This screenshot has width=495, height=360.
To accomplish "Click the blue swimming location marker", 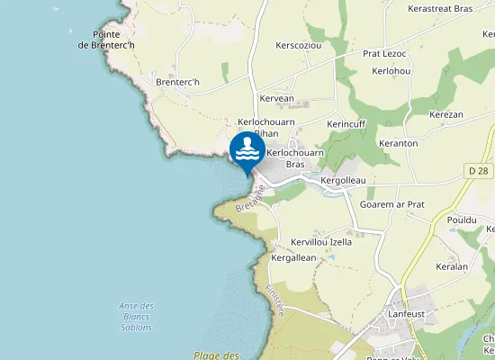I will [247, 150].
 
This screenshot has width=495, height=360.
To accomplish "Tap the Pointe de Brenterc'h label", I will [107, 40].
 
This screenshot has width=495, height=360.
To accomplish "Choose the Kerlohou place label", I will [391, 70].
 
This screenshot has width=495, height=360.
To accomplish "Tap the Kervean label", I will [276, 98].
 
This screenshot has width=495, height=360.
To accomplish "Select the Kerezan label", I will [445, 114].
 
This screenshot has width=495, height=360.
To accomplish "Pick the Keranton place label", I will [399, 143].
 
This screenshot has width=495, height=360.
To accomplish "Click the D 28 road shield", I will [478, 170].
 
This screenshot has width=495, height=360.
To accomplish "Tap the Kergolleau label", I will [343, 181].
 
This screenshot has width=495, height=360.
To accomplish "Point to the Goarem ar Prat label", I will [391, 204].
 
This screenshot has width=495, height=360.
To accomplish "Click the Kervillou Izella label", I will [321, 242].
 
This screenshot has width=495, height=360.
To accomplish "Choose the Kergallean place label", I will [293, 257].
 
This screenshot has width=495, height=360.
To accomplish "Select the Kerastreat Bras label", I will [440, 8].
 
